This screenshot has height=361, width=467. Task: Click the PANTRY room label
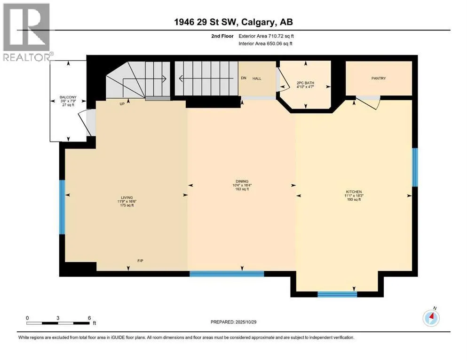point(378,78)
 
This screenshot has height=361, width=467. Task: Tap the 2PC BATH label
point(305,83)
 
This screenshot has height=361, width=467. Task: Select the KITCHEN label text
point(354,192)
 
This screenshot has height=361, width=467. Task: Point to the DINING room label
point(242,181)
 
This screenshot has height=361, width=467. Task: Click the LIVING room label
point(127,197)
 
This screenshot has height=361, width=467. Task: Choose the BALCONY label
point(68,97)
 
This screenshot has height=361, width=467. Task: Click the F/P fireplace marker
point(140,261)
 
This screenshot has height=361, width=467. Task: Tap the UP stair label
point(122,104)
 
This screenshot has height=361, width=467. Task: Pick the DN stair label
point(244,78)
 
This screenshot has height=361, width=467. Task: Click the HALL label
point(257,78)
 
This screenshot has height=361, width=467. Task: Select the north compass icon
point(431,318)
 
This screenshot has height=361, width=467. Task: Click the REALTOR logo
point(26,32)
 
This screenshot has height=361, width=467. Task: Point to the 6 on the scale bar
point(89,318)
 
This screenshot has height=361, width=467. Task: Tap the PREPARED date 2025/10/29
point(245,322)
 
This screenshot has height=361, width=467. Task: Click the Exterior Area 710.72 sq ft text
point(266,36)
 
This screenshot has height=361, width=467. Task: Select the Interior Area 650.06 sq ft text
point(265,43)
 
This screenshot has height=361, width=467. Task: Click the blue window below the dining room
point(227,274)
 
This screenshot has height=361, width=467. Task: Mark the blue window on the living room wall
point(62,207)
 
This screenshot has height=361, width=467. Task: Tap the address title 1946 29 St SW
point(206,22)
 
